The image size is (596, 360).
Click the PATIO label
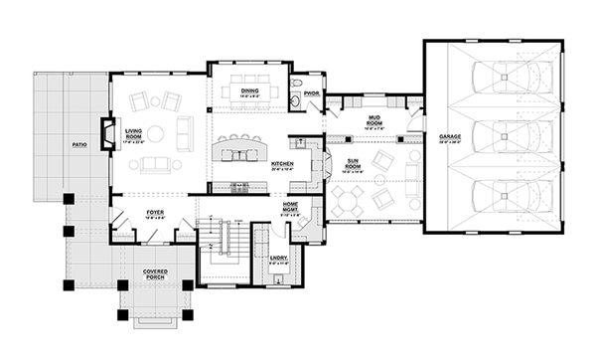(81, 144)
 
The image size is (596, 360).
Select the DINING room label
(250, 91)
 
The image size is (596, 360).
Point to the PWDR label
(311, 93)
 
